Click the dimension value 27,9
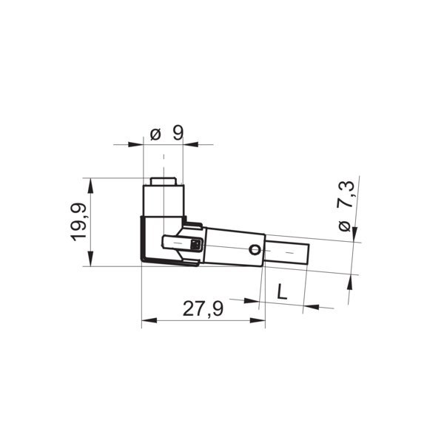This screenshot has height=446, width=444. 203,309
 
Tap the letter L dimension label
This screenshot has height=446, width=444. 281,291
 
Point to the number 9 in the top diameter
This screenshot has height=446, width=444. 178,134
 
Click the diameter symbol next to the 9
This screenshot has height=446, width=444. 155,135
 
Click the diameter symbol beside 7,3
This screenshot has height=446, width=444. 345,226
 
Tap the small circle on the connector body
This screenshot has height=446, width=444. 255,250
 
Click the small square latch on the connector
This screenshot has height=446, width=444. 195,245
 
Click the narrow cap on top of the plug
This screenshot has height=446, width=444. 163,181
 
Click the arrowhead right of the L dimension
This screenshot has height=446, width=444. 311,305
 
